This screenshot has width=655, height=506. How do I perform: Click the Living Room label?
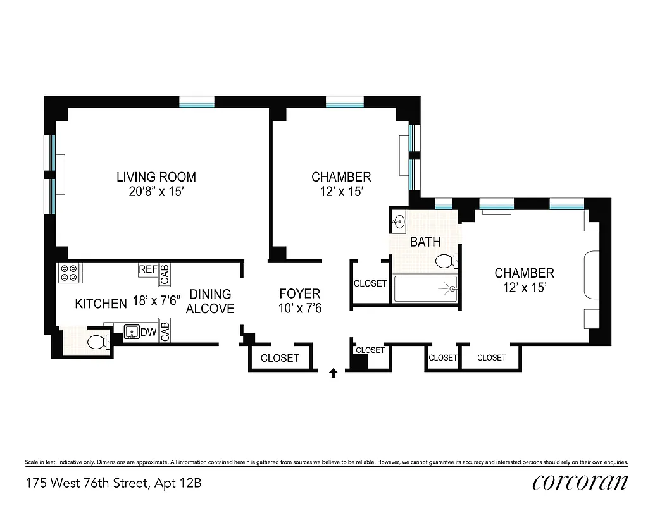[x=156, y=177]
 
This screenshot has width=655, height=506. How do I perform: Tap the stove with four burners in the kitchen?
[x=68, y=273]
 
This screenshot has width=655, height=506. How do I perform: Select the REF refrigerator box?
[x=147, y=269]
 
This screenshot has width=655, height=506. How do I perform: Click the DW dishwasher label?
[x=148, y=332]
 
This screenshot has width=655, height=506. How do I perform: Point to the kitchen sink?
[x=132, y=332]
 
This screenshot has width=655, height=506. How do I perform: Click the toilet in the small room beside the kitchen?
[x=96, y=343]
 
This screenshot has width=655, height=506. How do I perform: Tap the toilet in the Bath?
[x=446, y=261]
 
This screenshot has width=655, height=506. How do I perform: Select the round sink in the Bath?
[x=399, y=221]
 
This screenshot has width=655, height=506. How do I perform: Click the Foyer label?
[x=300, y=293]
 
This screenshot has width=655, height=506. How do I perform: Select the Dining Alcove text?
[x=210, y=301]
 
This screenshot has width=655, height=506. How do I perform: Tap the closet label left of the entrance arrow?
[x=280, y=358]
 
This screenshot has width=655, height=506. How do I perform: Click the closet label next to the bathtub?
[x=370, y=283]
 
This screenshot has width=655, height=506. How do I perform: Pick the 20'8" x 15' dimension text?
[x=156, y=192]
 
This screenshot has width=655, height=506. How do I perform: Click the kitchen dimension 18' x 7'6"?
[x=156, y=302]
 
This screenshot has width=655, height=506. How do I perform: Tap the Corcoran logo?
[x=580, y=482]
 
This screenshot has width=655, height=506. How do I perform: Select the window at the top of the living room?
[x=197, y=101]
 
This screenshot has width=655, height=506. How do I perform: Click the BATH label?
[x=425, y=242]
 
